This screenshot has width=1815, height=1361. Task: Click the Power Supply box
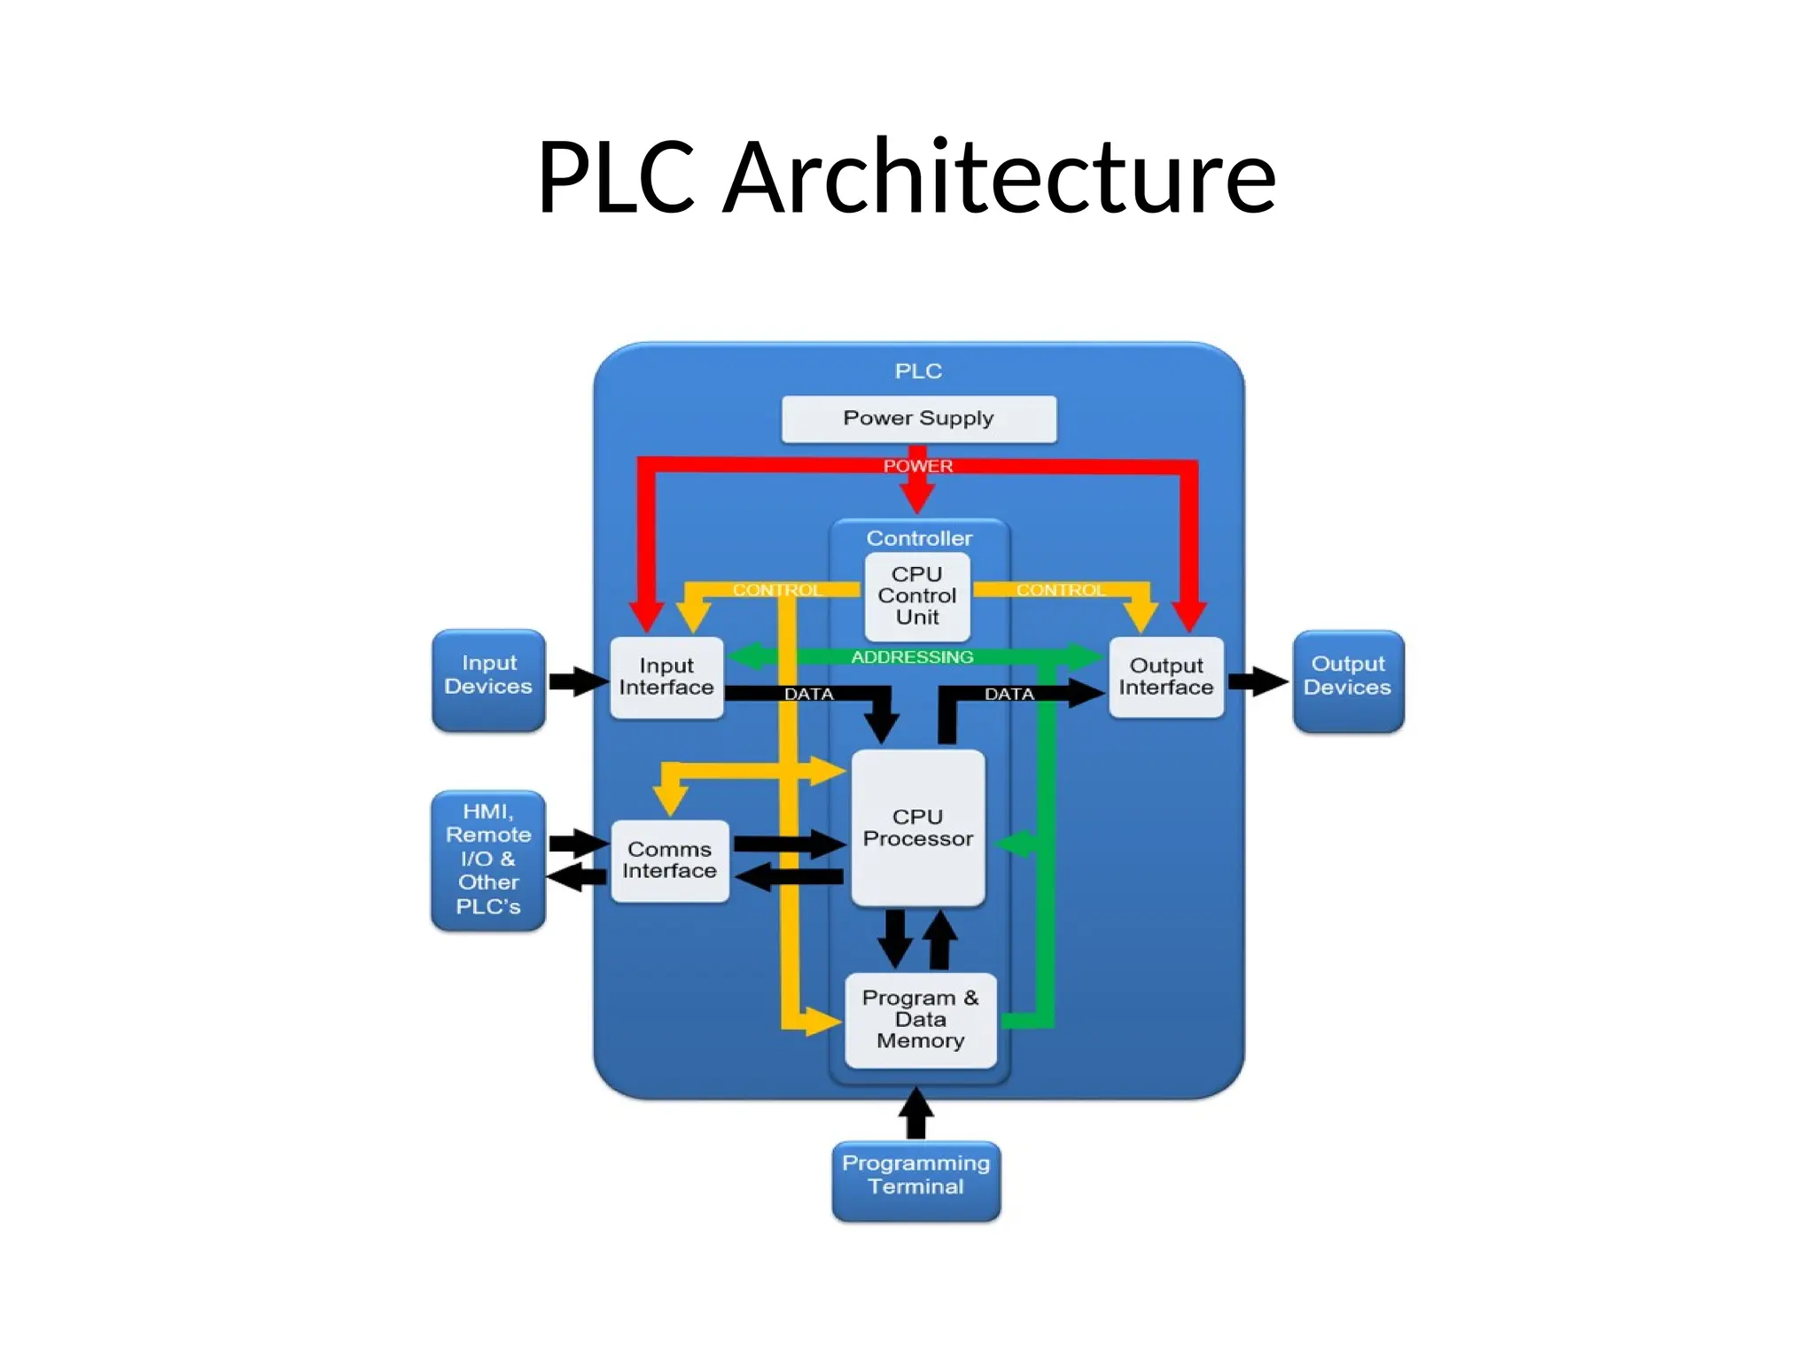(x=918, y=418)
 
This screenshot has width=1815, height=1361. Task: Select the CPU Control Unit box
(x=917, y=596)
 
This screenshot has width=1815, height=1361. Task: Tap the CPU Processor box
(x=917, y=828)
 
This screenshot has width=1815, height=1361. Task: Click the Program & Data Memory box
(x=920, y=1020)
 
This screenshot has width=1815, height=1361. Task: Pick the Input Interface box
(x=666, y=677)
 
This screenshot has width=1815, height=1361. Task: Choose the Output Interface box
(x=1165, y=677)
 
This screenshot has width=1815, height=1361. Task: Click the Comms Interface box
(x=670, y=860)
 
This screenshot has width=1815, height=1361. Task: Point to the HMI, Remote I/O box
(x=488, y=859)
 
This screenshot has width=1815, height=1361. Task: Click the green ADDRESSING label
(x=912, y=657)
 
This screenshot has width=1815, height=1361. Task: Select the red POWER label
(x=917, y=466)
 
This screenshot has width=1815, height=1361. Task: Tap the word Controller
(x=919, y=538)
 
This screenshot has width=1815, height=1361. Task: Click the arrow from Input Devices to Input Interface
(x=578, y=681)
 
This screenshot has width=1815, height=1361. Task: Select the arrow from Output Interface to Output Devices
(x=1257, y=681)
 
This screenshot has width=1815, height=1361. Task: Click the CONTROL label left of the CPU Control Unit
(x=776, y=590)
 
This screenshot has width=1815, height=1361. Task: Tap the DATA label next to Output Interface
(x=1009, y=694)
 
